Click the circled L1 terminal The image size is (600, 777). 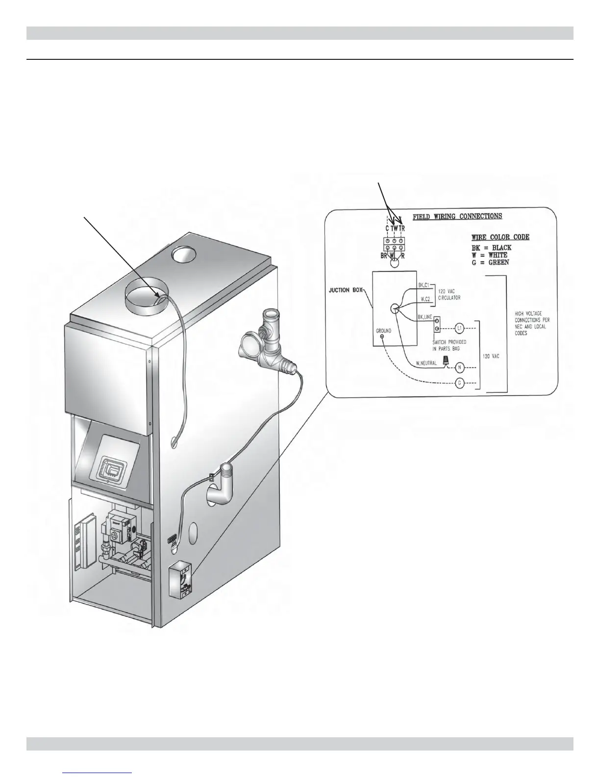(459, 327)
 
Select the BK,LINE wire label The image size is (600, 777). (425, 317)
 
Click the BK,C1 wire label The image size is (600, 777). (424, 285)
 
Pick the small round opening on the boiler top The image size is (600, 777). (182, 256)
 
